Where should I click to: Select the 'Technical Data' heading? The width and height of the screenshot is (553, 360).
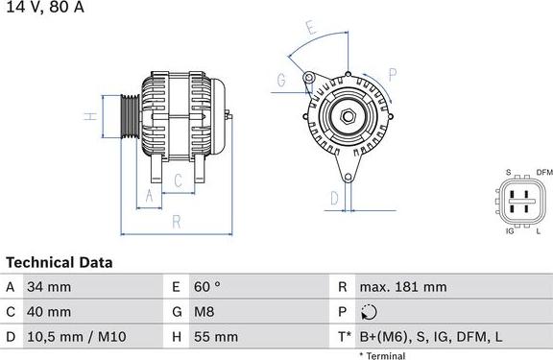point(60,262)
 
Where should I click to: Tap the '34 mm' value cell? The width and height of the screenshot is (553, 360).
point(49,287)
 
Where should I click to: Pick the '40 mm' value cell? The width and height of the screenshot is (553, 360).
point(49,312)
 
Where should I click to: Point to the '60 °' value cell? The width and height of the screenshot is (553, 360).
point(208,287)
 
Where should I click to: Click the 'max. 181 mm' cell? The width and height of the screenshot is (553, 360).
point(402,287)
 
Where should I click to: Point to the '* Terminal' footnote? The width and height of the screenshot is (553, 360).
point(382,355)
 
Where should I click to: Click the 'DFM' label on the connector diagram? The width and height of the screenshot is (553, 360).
point(543,173)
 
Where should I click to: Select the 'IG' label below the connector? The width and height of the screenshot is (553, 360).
point(510,231)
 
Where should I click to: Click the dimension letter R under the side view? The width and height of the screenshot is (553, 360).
point(177,223)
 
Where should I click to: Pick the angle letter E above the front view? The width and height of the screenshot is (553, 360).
point(310,29)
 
